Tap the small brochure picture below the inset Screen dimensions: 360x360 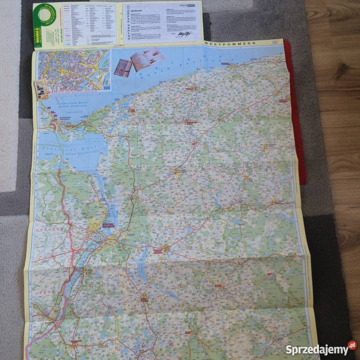point(40,88)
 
